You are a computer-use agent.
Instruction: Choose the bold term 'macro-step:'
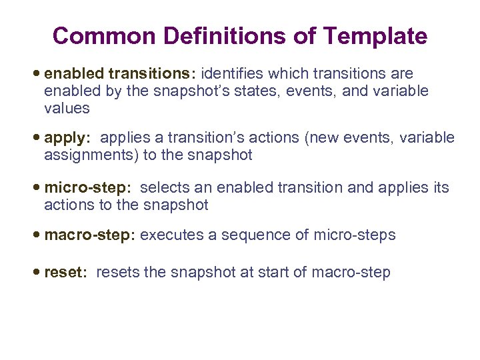point(90,235)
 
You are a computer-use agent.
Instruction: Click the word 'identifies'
point(232,73)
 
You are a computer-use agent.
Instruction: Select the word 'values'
point(67,108)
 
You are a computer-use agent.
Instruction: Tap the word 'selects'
point(164,188)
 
